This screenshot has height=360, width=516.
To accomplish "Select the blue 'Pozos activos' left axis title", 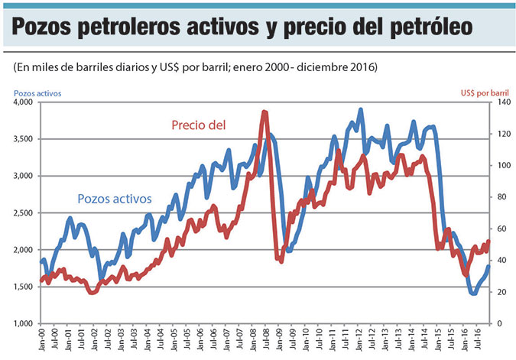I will point(37,93).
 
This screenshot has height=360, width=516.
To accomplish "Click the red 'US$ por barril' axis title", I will point(485,93).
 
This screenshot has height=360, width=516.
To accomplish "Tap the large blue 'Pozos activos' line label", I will point(115,199).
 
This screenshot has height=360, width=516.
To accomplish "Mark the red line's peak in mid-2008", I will point(264,112).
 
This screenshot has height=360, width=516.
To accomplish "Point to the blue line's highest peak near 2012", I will point(360,110).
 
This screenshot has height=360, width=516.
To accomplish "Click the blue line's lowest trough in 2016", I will point(473,293).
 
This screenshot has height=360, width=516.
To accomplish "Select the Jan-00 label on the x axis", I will point(41,341).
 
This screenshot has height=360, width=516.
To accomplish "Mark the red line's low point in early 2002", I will point(92,292).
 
